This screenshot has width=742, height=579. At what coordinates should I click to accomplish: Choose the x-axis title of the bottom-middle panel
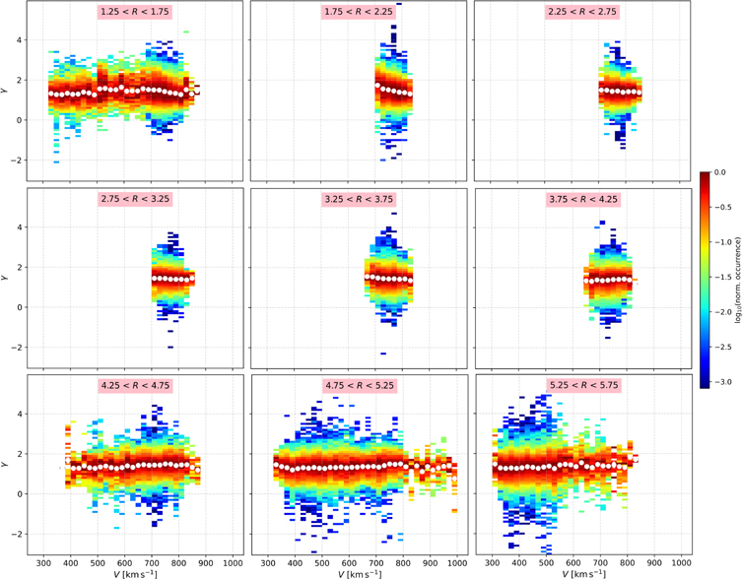tap(361, 573)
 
